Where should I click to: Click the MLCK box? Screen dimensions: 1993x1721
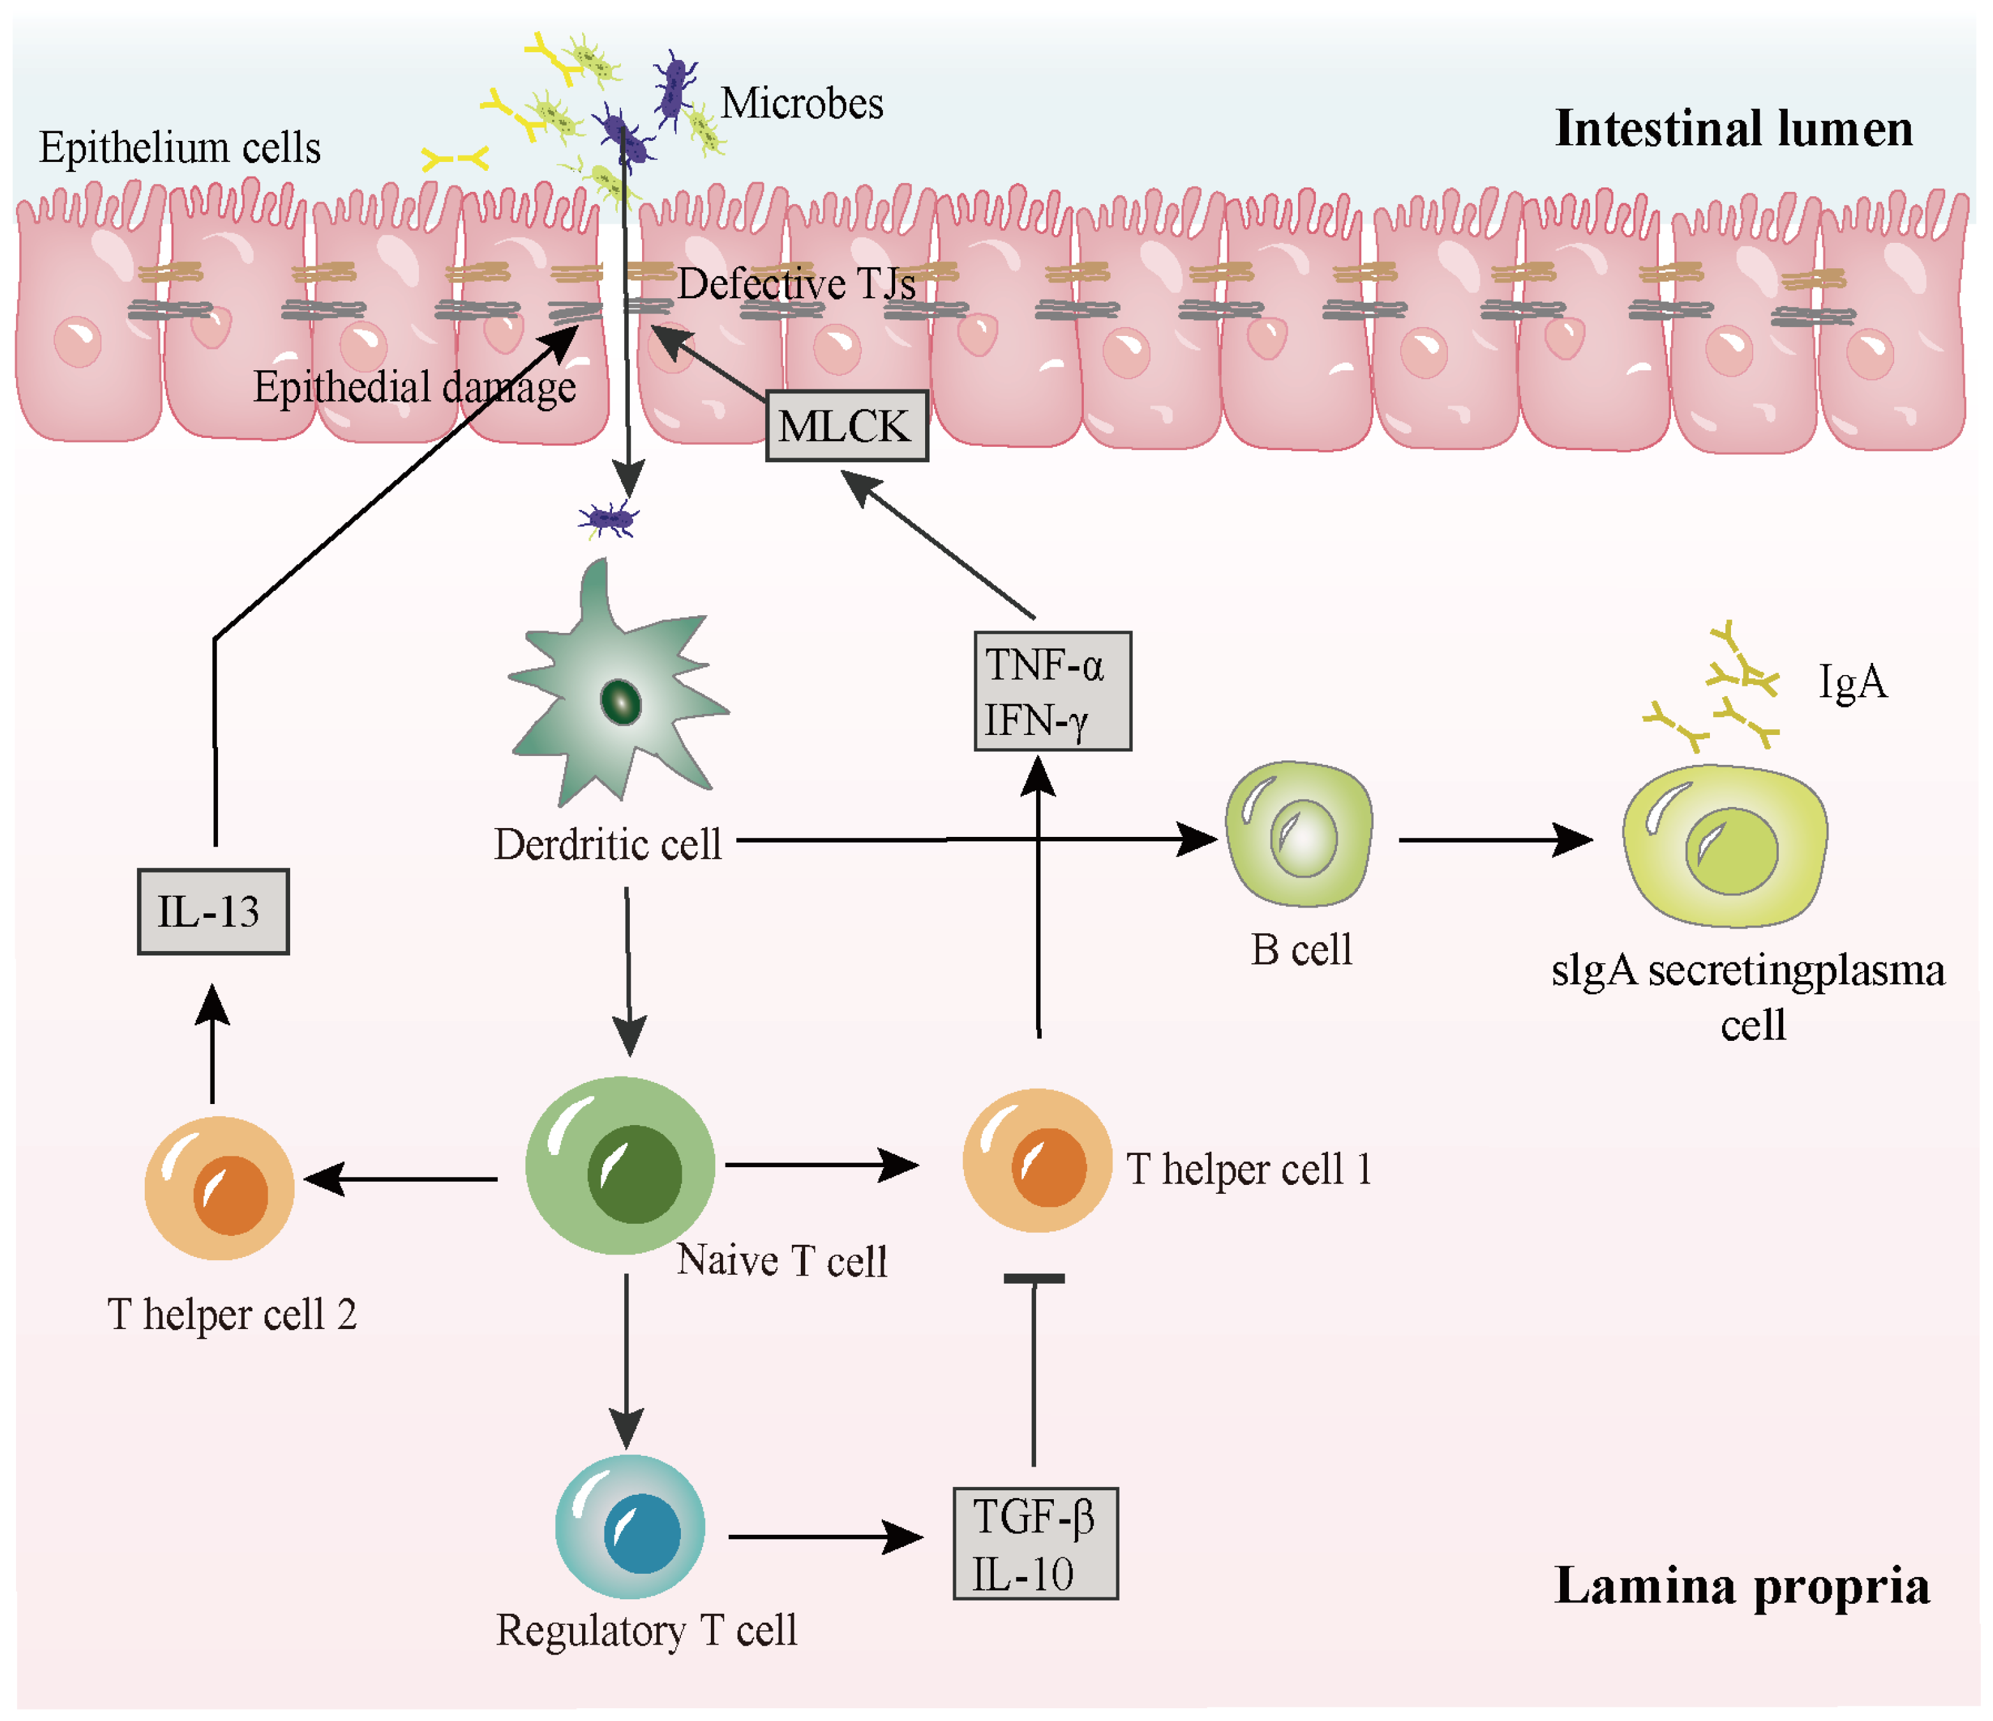point(847,426)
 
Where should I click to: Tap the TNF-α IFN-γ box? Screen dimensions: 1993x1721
point(1053,692)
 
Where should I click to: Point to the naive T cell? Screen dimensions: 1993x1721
point(620,1165)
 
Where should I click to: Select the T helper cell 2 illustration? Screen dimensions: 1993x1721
point(219,1188)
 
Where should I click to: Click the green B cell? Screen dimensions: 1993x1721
point(1299,834)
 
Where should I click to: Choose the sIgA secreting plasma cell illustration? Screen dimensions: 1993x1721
point(1725,846)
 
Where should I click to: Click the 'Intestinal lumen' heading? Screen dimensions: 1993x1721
point(1734,129)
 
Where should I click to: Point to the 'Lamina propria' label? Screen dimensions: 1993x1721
point(1742,1587)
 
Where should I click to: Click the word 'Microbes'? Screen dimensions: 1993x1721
point(801,103)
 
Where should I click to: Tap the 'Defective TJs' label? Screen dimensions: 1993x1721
point(796,284)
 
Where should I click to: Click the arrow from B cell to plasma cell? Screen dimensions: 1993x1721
point(1496,839)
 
